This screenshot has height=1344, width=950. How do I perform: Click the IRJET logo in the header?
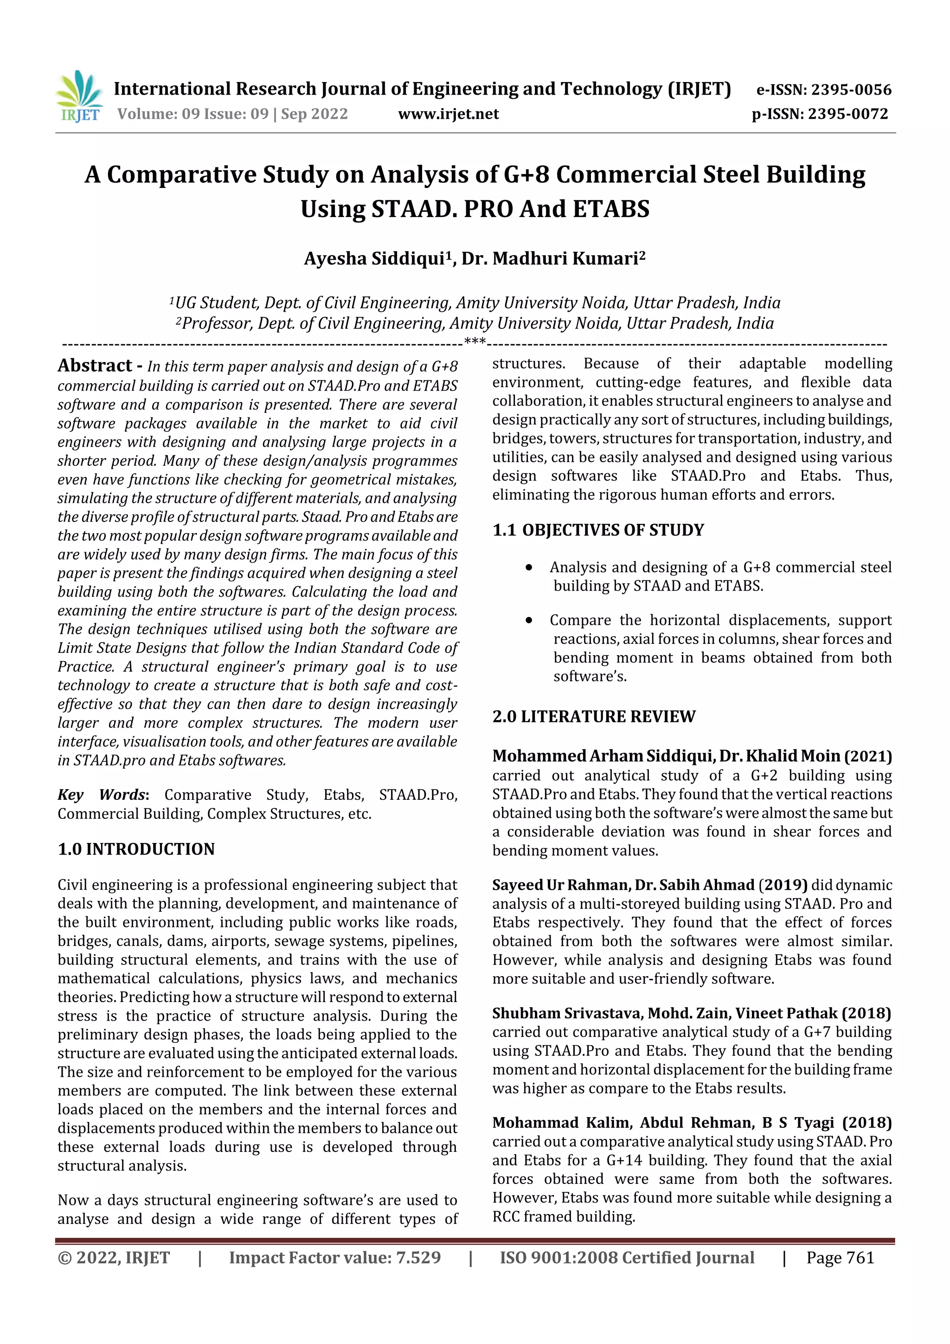pyautogui.click(x=79, y=96)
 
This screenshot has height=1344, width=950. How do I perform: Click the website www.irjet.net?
pyautogui.click(x=449, y=114)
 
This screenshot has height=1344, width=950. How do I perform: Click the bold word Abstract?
pyautogui.click(x=95, y=366)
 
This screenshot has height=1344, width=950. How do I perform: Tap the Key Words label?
pyautogui.click(x=102, y=795)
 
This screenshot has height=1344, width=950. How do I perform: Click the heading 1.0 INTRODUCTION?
pyautogui.click(x=136, y=849)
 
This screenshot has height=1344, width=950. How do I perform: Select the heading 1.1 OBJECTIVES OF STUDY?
pyautogui.click(x=598, y=530)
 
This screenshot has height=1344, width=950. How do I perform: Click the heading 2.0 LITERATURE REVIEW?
pyautogui.click(x=594, y=717)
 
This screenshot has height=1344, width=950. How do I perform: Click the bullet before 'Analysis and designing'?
pyautogui.click(x=529, y=568)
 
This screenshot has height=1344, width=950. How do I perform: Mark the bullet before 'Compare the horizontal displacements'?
pyautogui.click(x=529, y=620)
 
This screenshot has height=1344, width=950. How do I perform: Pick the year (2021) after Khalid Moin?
pyautogui.click(x=867, y=756)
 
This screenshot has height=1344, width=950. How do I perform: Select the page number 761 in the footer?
pyautogui.click(x=860, y=1258)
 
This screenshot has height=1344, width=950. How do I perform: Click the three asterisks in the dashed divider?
pyautogui.click(x=475, y=341)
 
